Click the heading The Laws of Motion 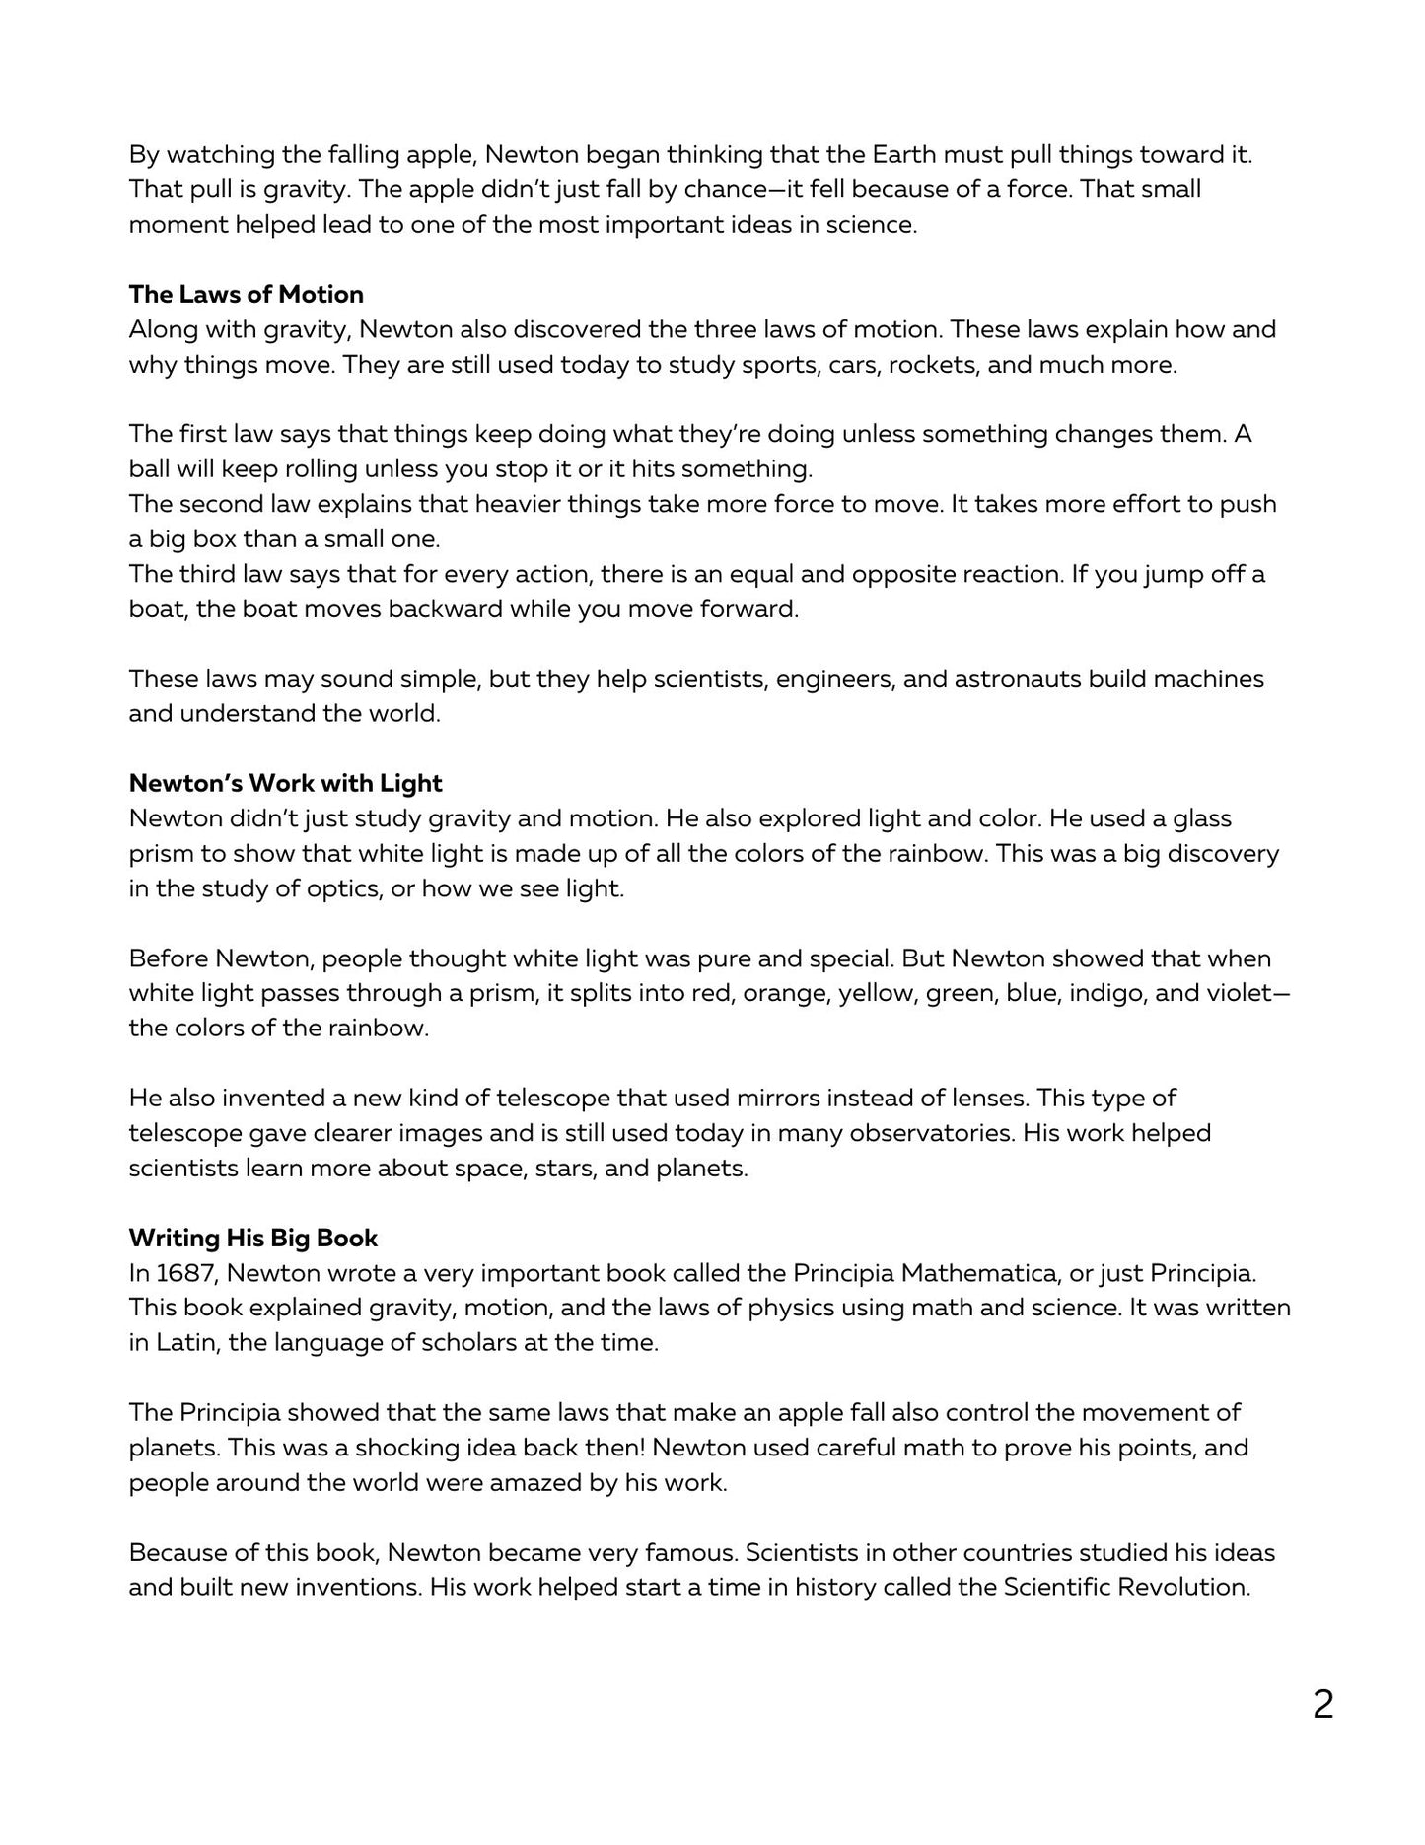(246, 294)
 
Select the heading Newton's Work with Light (285, 783)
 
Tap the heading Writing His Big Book (253, 1238)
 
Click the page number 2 (1322, 1704)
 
